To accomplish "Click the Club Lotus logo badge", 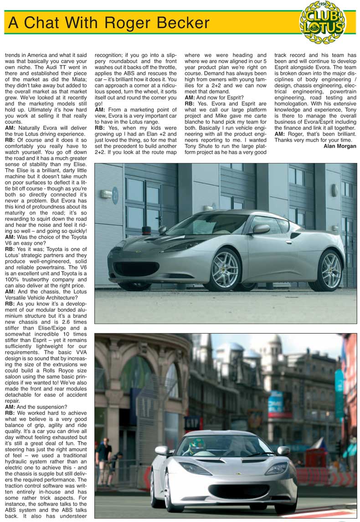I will pyautogui.click(x=323, y=22).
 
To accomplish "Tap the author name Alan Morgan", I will pyautogui.click(x=339, y=146).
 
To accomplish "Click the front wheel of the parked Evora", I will pyautogui.click(x=225, y=270).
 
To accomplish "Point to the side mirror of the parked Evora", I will pyautogui.click(x=260, y=229).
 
